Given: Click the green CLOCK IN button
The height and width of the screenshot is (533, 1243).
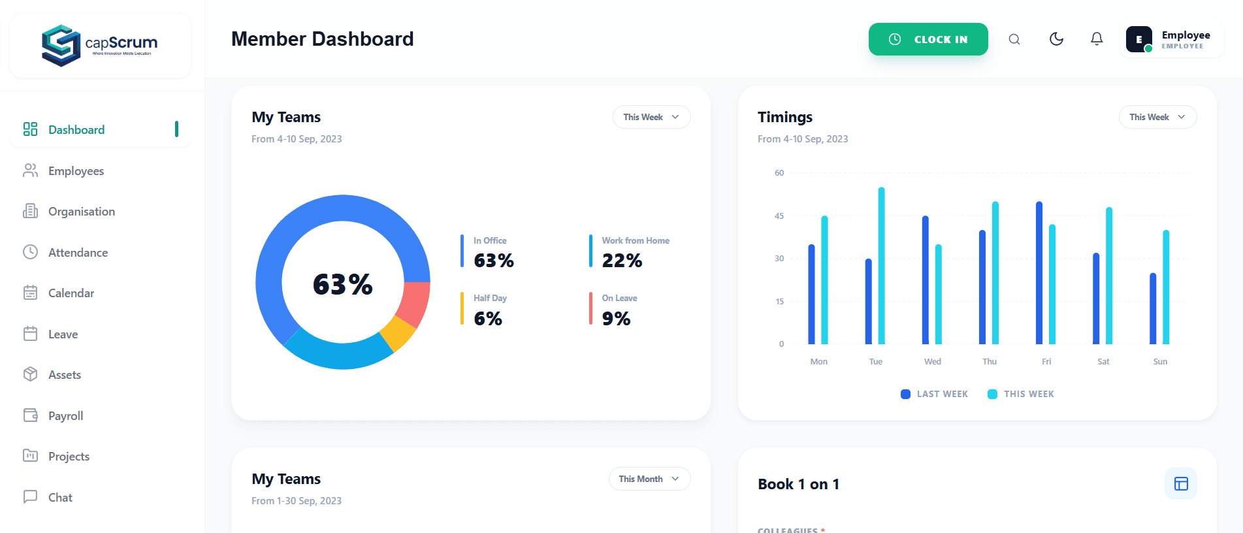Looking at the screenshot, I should click(x=928, y=39).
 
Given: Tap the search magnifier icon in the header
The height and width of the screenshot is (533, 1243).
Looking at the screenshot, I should click(x=1014, y=39).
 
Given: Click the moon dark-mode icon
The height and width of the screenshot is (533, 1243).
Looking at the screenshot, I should click(x=1056, y=39).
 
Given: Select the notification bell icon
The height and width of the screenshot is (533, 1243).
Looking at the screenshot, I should click(x=1097, y=39).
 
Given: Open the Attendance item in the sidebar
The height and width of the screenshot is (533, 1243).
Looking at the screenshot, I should click(x=78, y=253).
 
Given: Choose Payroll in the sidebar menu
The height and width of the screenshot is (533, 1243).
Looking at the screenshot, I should click(x=65, y=416).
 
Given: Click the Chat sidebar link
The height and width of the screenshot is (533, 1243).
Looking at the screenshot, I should click(x=60, y=498).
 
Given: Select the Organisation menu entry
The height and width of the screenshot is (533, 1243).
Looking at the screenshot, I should click(x=81, y=212).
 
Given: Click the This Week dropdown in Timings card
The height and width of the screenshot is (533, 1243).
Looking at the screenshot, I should click(x=1157, y=117).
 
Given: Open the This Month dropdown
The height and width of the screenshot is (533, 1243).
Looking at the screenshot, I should click(x=649, y=479).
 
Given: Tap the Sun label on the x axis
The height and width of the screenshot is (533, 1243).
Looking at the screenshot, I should click(x=1160, y=362).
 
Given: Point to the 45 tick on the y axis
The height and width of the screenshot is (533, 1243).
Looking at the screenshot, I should click(x=779, y=216).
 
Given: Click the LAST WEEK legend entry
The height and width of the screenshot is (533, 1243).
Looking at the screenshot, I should click(x=934, y=394).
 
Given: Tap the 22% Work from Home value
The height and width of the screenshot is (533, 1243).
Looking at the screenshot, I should click(x=622, y=261).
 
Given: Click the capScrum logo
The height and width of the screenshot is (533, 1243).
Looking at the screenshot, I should click(x=100, y=45).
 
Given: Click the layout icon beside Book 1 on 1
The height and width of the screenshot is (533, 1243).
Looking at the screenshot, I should click(x=1180, y=483).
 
